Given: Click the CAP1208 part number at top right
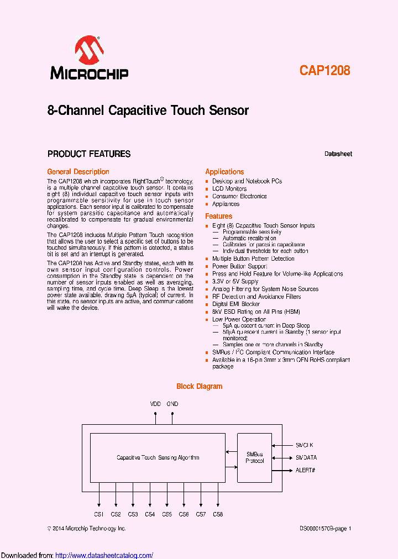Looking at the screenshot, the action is tap(325, 71).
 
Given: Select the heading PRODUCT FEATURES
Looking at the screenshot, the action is tap(89, 154).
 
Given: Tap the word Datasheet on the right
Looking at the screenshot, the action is tap(338, 154).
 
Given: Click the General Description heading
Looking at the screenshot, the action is tap(78, 172).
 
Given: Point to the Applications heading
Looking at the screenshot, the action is tap(224, 172).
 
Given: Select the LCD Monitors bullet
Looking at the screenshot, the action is tap(229, 189).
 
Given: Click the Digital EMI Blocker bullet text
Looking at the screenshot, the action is tap(236, 304).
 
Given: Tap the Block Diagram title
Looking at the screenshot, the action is tap(199, 387).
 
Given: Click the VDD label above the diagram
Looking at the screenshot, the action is tap(155, 404).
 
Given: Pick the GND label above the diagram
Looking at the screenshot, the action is tap(172, 404).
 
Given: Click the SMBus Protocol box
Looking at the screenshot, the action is tap(254, 457).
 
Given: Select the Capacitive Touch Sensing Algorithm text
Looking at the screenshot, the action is tap(158, 457).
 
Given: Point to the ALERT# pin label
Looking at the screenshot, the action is tap(305, 470).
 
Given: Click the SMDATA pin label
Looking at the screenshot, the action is tap(306, 457).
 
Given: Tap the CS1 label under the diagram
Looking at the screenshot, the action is tap(99, 514).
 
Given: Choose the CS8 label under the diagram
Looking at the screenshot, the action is tap(218, 514).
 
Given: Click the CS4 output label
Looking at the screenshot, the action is tap(150, 514).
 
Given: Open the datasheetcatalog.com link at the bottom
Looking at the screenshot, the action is tap(104, 555).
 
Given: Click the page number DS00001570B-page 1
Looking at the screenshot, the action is tap(325, 529).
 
